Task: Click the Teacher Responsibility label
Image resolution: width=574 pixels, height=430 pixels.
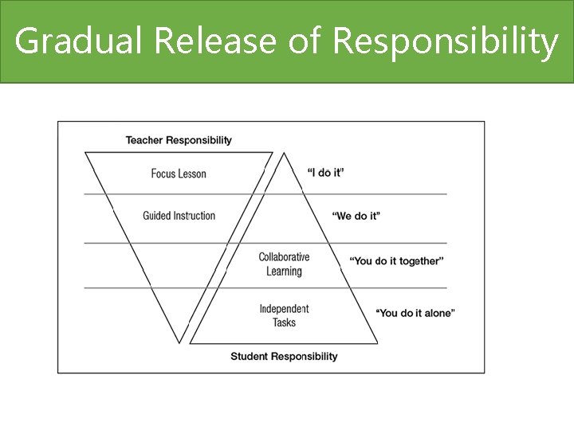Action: [179, 140]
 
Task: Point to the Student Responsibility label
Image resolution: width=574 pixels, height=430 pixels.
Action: [284, 356]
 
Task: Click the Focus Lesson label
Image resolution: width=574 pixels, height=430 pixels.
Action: [179, 174]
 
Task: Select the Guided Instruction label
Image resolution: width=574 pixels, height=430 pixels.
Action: [179, 215]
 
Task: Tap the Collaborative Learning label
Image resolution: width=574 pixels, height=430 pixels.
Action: [284, 264]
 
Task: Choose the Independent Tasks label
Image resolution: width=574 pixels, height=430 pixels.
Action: [284, 315]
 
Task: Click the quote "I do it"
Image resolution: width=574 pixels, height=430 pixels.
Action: [326, 172]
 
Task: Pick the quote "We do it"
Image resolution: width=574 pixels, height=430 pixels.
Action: [356, 216]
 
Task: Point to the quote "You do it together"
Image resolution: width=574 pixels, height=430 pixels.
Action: [396, 261]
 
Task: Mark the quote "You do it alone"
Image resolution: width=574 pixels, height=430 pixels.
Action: [415, 313]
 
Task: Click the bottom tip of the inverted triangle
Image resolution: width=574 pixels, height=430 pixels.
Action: [181, 343]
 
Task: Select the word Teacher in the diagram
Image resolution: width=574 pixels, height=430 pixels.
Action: [143, 140]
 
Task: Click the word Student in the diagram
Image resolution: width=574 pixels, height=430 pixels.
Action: [248, 356]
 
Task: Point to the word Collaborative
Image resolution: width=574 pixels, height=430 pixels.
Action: [284, 257]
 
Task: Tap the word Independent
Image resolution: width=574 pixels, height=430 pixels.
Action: [284, 309]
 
